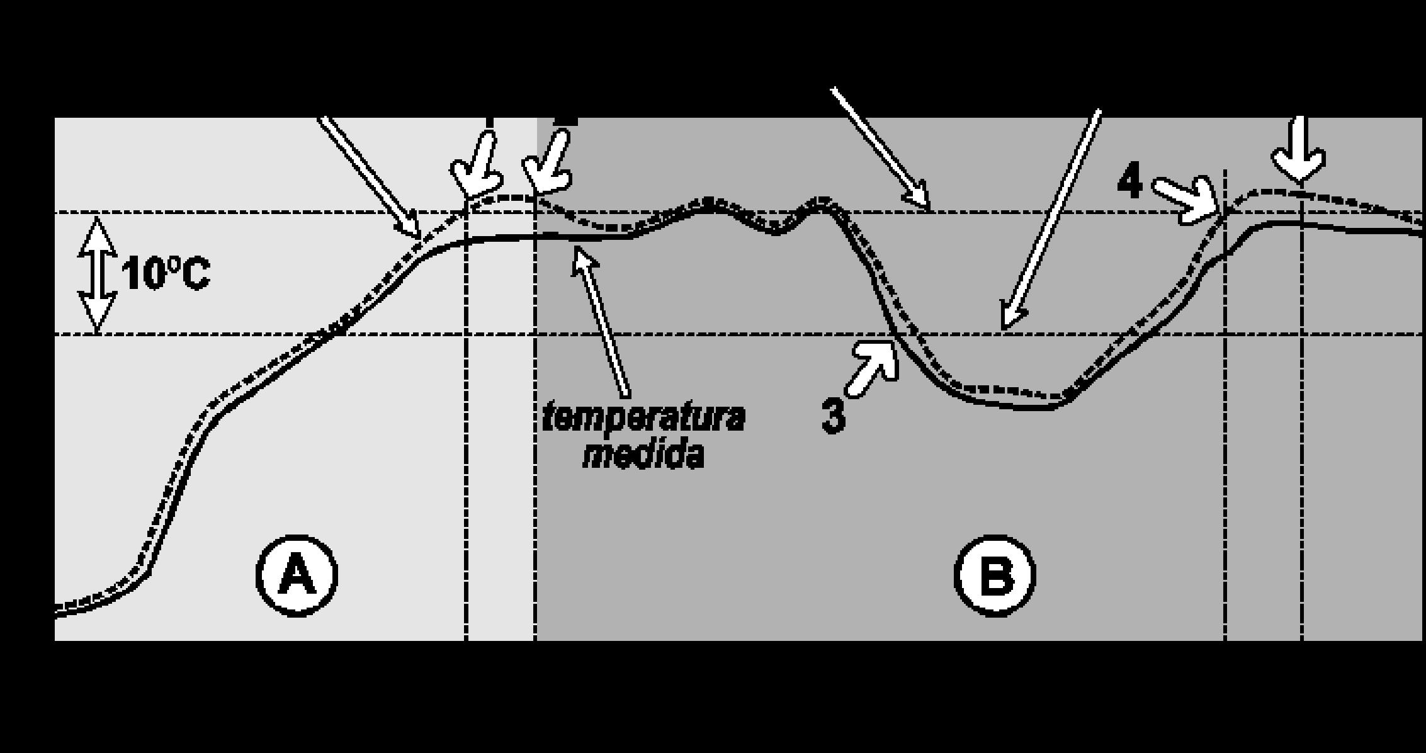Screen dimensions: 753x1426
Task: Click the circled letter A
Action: pos(297,575)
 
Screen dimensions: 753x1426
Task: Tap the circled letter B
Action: pos(995,576)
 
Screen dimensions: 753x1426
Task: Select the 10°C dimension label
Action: pos(166,275)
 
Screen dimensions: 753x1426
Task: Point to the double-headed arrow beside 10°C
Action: pos(97,275)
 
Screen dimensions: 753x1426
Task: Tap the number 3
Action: pos(834,416)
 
